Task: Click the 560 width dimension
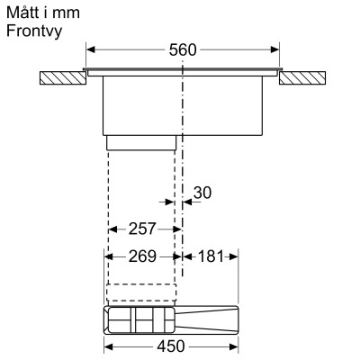183,51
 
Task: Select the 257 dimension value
142,229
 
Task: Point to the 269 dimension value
142,256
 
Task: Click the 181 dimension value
210,256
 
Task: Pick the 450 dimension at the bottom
171,346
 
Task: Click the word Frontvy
31,31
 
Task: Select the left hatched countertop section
62,79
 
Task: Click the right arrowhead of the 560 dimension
276,51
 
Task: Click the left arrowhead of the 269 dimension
110,256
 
